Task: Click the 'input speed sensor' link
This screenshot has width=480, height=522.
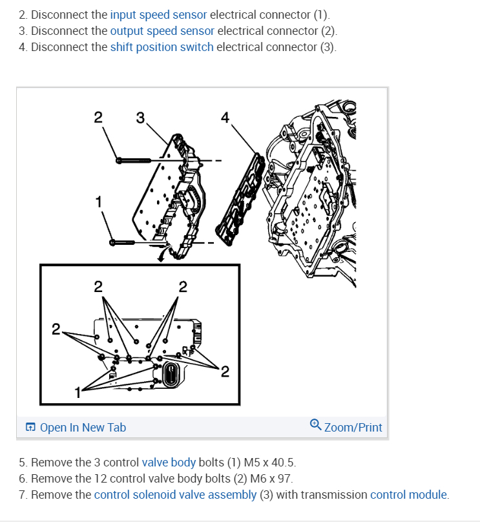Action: coord(158,14)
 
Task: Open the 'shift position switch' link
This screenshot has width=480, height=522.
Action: coord(162,47)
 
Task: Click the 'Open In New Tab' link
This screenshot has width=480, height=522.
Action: coord(83,427)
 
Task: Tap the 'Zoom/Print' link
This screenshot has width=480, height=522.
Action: coord(353,427)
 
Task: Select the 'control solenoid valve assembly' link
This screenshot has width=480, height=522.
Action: coord(175,495)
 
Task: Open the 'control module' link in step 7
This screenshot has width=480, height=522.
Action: coord(408,495)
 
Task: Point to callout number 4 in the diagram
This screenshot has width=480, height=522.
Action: coord(224,117)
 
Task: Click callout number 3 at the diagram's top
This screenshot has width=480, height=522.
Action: coord(140,118)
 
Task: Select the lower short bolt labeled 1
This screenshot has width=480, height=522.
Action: coord(125,243)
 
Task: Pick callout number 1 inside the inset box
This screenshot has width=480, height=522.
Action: coord(78,391)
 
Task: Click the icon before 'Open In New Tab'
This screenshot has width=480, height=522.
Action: coord(30,427)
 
